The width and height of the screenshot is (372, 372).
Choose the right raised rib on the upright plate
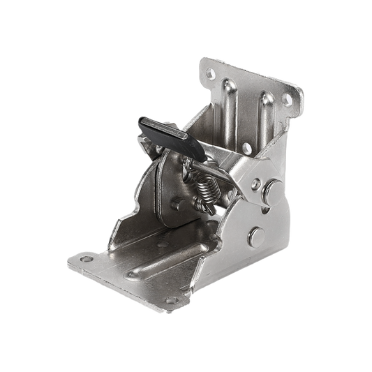coord(263,115)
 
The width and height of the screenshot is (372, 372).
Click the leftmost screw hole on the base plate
coord(86,260)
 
